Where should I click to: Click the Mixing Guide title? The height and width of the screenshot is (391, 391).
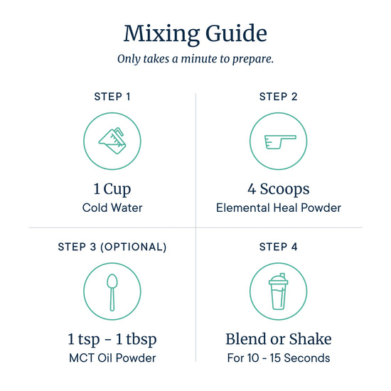[x=195, y=34]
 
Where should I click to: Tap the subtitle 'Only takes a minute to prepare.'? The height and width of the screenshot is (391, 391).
[x=195, y=59]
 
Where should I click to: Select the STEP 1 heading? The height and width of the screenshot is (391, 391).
[x=112, y=97]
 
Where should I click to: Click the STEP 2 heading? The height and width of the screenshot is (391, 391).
[x=278, y=97]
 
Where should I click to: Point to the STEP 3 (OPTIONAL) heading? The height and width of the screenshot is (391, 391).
[x=112, y=247]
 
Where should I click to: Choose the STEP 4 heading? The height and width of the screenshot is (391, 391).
[x=278, y=247]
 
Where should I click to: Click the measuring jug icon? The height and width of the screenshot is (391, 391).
[x=112, y=141]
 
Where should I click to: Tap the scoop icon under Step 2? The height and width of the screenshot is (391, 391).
[x=280, y=142]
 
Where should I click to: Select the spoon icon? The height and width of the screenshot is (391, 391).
[x=112, y=292]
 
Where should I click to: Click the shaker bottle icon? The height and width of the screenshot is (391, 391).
[x=278, y=291]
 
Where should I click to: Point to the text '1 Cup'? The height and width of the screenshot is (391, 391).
[x=112, y=189]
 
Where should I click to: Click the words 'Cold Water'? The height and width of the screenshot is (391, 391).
[x=112, y=208]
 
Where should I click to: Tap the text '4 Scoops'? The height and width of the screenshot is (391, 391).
[x=278, y=189]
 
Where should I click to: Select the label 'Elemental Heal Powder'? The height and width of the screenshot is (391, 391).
[x=278, y=208]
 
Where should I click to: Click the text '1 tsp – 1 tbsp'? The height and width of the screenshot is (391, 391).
[x=112, y=339]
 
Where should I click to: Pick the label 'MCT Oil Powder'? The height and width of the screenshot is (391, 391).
[x=112, y=358]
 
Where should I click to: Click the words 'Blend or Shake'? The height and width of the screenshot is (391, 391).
[x=278, y=339]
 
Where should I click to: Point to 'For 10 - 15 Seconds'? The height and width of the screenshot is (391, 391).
[x=278, y=358]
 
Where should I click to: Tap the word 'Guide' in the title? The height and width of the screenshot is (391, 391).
[x=236, y=34]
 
